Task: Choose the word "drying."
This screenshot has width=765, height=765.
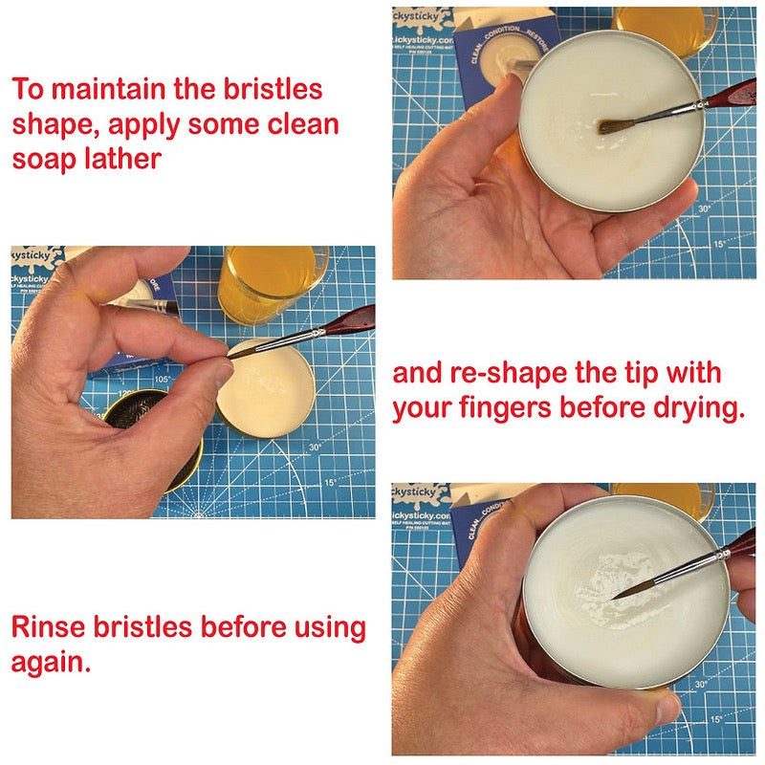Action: click(x=697, y=408)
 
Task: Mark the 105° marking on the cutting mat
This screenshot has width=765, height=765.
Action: click(x=161, y=379)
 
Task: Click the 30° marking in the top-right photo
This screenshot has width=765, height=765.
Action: click(x=705, y=209)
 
